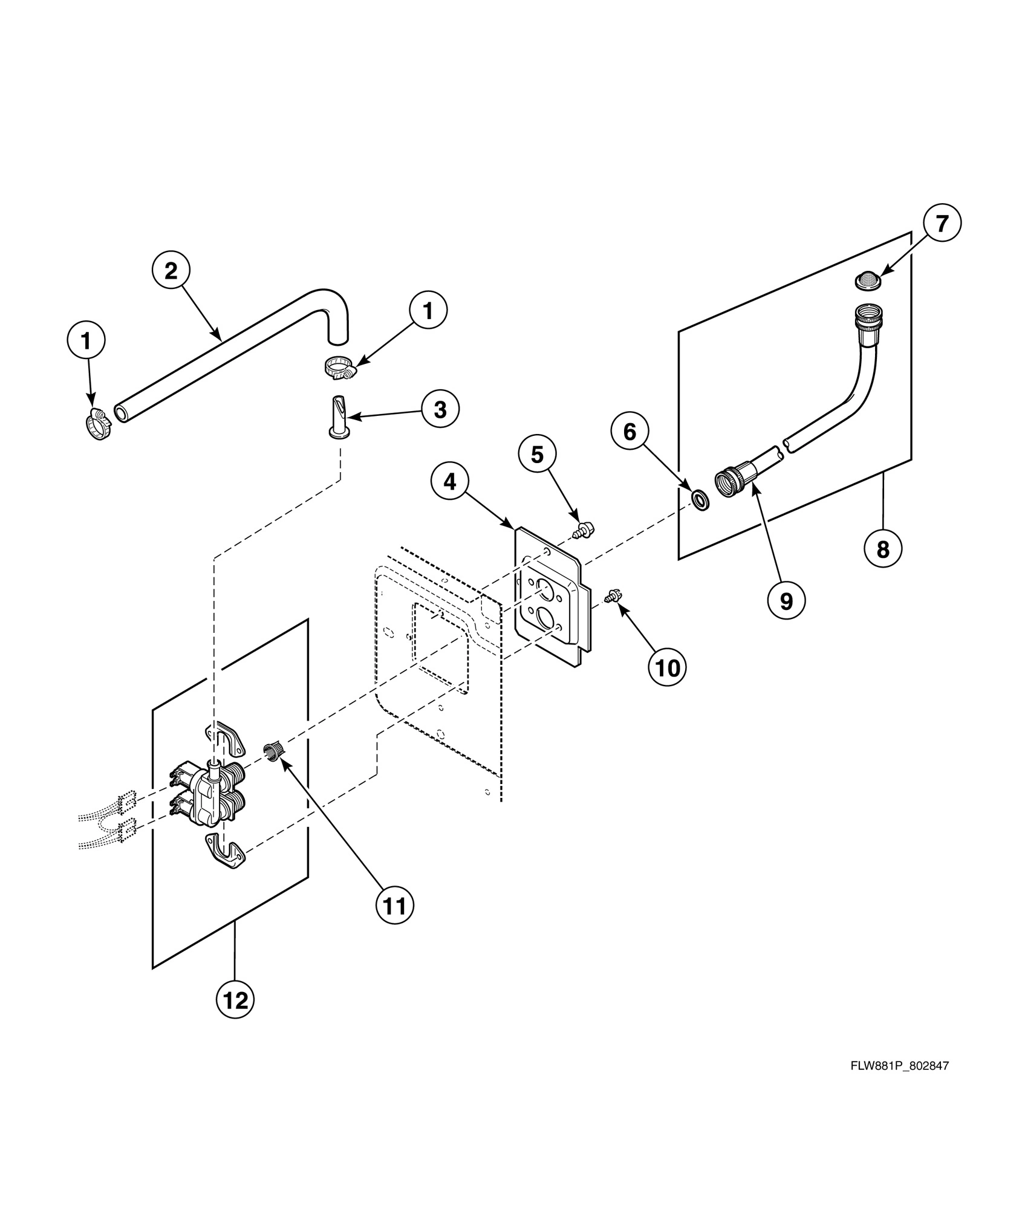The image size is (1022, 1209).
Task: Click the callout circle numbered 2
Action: [171, 271]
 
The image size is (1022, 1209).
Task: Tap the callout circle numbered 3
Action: [440, 409]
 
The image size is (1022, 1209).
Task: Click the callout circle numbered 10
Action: [668, 668]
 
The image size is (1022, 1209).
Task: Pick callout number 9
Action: [786, 601]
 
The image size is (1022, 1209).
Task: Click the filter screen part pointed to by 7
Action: [868, 280]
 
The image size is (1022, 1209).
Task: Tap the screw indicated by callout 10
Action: [612, 597]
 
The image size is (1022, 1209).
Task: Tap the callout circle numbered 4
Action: [449, 482]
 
